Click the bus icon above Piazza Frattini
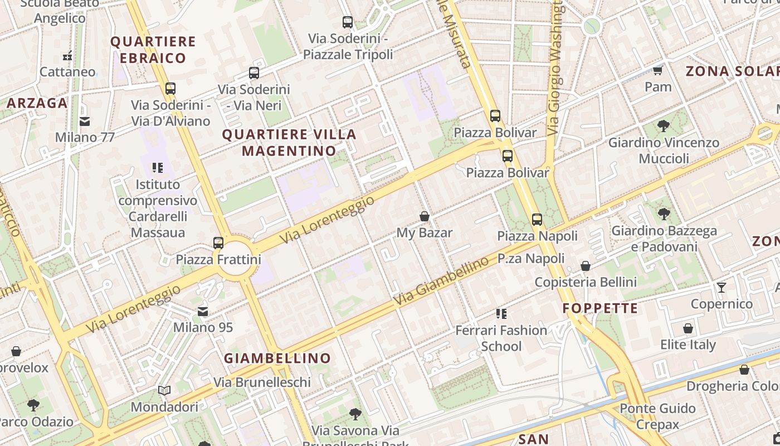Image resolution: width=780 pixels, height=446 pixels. click(x=218, y=243)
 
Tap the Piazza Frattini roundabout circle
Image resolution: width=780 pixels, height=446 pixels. click(x=235, y=259)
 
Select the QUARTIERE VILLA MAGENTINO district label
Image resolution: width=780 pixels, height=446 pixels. click(x=289, y=143)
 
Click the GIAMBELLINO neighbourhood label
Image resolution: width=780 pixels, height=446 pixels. click(x=277, y=358)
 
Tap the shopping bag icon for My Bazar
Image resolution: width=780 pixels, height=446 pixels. click(x=425, y=216)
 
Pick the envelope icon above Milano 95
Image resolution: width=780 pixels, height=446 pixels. click(x=203, y=311)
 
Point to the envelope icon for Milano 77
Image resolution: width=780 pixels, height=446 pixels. click(x=85, y=121)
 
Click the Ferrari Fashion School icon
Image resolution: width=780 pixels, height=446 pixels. click(x=501, y=314)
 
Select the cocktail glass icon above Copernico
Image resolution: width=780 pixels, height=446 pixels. click(x=721, y=288)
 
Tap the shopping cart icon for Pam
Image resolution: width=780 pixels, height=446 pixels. click(x=658, y=71)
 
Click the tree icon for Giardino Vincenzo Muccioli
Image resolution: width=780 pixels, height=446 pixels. click(x=663, y=126)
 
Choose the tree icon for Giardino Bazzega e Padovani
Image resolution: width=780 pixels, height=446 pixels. click(x=664, y=214)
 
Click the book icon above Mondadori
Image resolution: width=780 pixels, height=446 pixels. click(x=164, y=391)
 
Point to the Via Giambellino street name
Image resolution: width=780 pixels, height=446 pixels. click(x=441, y=280)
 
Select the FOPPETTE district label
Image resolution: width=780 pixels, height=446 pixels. click(x=600, y=308)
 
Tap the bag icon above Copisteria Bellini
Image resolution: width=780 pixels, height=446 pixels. click(x=586, y=266)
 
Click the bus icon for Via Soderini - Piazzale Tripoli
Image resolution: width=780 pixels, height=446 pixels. click(x=348, y=22)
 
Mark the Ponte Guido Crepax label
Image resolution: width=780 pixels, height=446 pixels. click(x=657, y=416)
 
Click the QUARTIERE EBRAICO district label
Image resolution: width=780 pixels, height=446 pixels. click(x=153, y=50)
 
